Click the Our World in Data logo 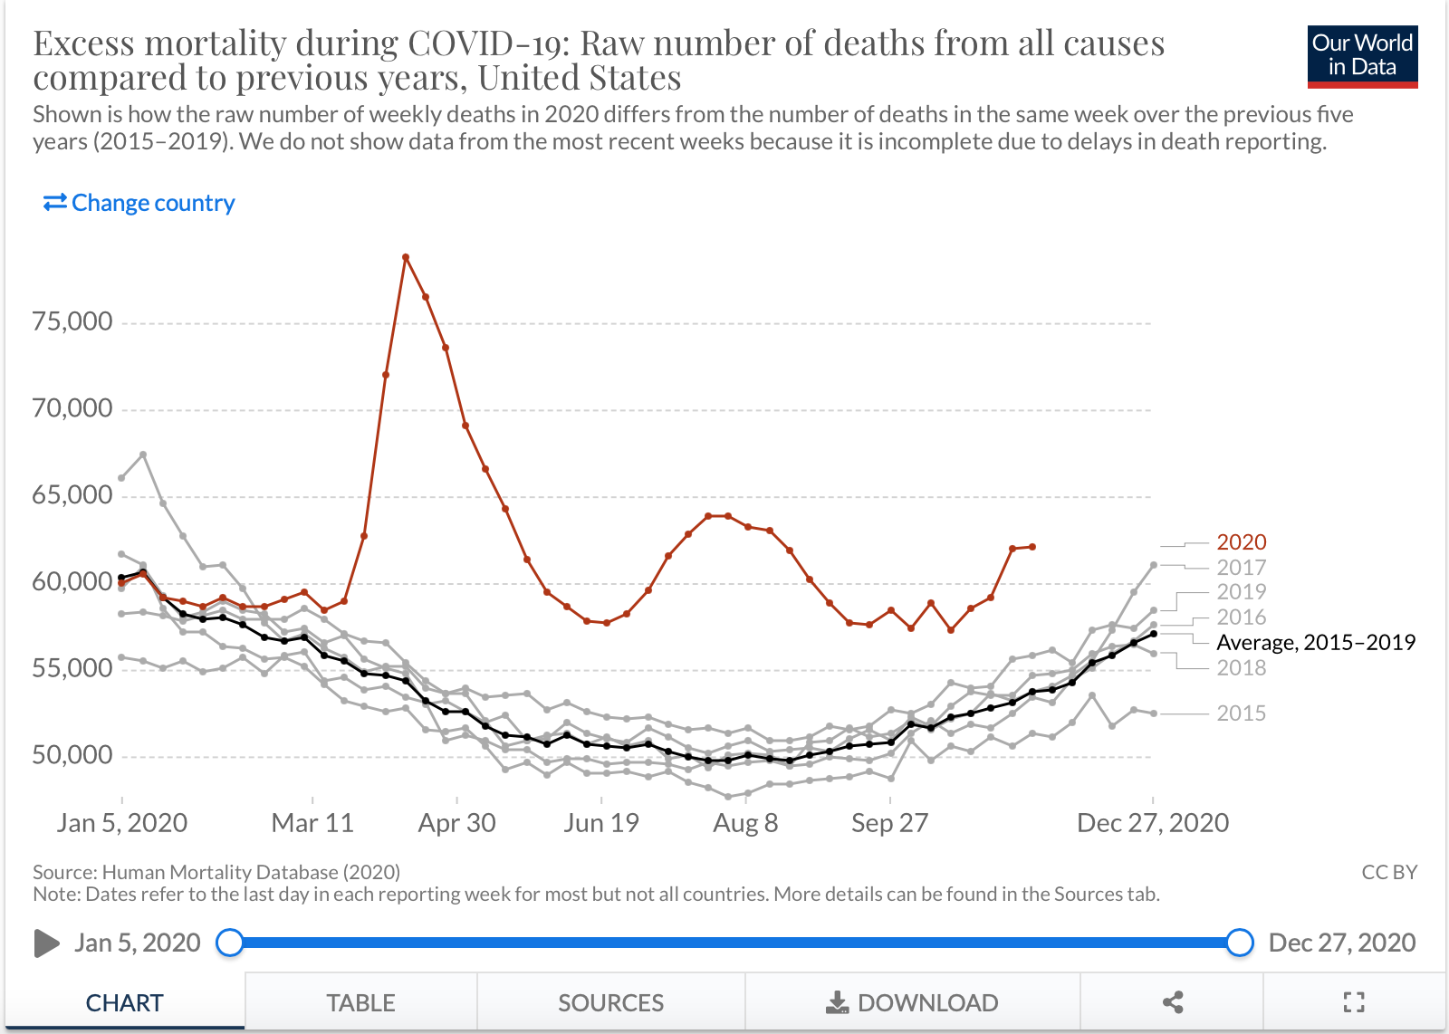tap(1362, 56)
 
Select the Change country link tap(139, 203)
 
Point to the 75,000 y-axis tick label tap(72, 321)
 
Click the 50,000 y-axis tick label tap(72, 755)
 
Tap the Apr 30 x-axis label tap(456, 823)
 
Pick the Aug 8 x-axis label tap(745, 823)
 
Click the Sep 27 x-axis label tap(889, 823)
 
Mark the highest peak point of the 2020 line tap(406, 257)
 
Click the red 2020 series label tap(1241, 542)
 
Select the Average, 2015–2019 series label tap(1315, 643)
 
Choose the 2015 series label tap(1241, 713)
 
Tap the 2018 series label tap(1241, 668)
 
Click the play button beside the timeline tap(46, 943)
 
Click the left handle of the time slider tap(230, 943)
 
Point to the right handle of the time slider tap(1239, 943)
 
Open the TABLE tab tap(360, 1003)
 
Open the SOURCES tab tap(610, 1003)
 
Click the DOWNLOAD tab tap(912, 1003)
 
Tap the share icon tap(1173, 1002)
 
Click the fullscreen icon tap(1353, 1002)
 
